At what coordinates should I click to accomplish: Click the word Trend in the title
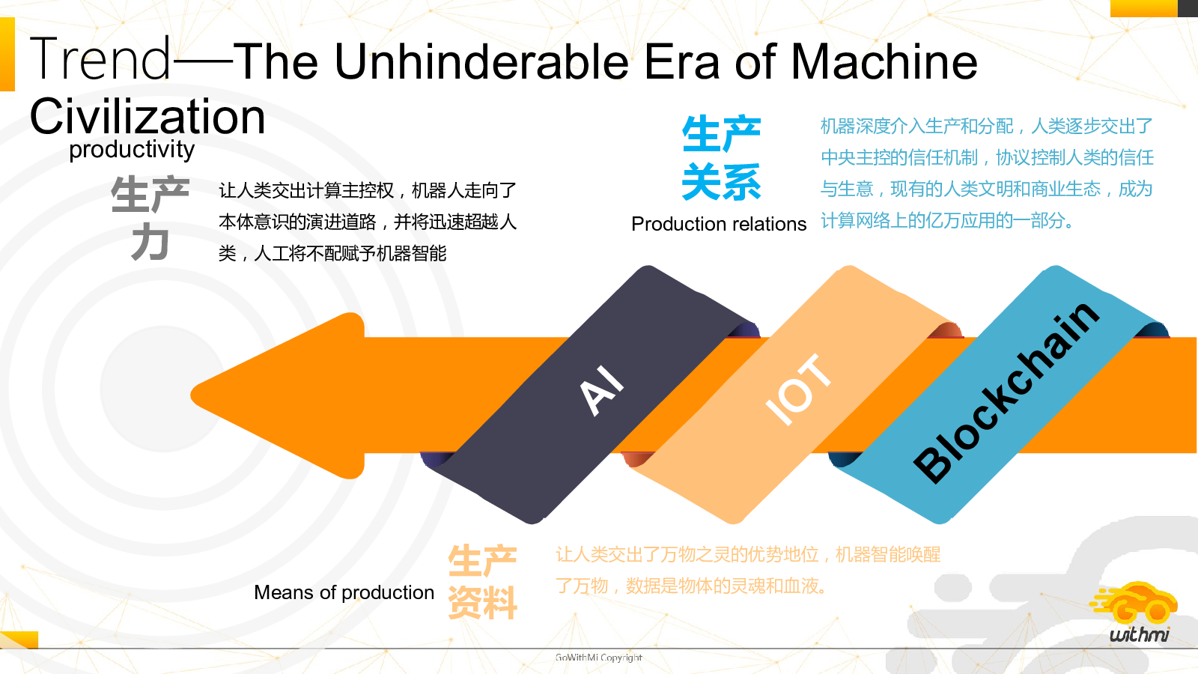[x=100, y=59]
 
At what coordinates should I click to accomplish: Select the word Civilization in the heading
[x=148, y=117]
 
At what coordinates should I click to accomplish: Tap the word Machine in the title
[x=884, y=61]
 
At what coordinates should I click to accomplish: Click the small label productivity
[x=132, y=150]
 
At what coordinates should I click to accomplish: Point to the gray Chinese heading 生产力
[x=150, y=218]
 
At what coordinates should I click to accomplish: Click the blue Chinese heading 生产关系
[x=722, y=158]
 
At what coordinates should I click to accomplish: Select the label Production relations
[x=719, y=224]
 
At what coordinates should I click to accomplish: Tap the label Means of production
[x=344, y=592]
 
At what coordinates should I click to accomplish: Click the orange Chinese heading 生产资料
[x=482, y=582]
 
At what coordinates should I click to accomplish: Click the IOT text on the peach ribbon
[x=798, y=389]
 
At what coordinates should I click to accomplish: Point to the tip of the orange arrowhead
[x=191, y=395]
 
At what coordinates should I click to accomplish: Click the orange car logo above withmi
[x=1134, y=604]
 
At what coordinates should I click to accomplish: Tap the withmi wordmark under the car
[x=1139, y=634]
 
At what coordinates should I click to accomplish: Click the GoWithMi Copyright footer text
[x=598, y=658]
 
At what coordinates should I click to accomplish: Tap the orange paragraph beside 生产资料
[x=748, y=570]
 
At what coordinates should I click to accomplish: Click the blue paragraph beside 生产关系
[x=988, y=173]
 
